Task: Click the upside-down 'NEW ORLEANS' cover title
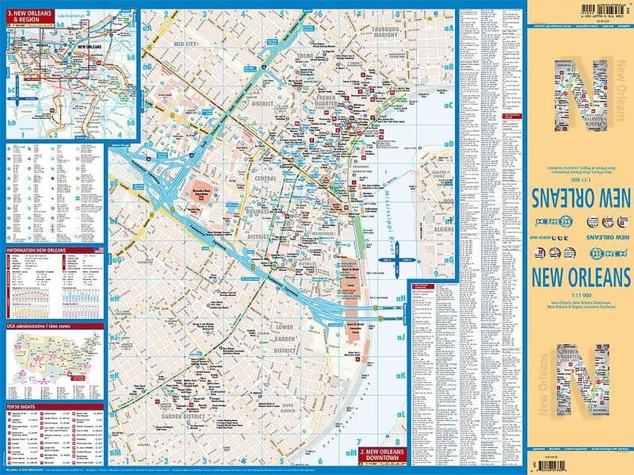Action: click(580, 195)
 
